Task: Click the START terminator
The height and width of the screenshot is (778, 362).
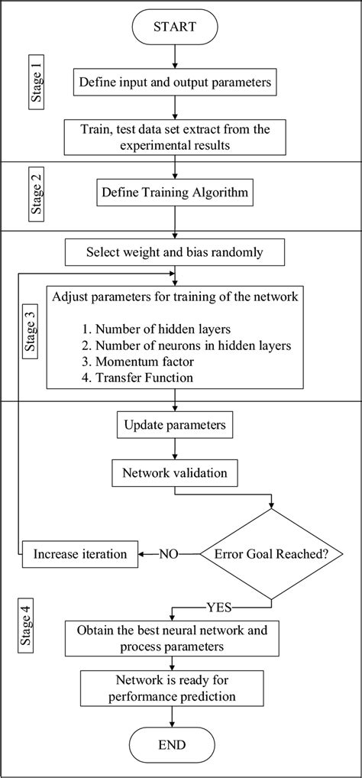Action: [x=176, y=28]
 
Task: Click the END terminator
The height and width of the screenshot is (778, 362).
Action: [x=176, y=744]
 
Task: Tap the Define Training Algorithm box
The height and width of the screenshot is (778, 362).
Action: [x=176, y=193]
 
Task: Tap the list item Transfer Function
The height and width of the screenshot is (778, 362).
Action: [x=144, y=378]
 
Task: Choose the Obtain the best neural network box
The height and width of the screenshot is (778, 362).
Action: [x=176, y=639]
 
